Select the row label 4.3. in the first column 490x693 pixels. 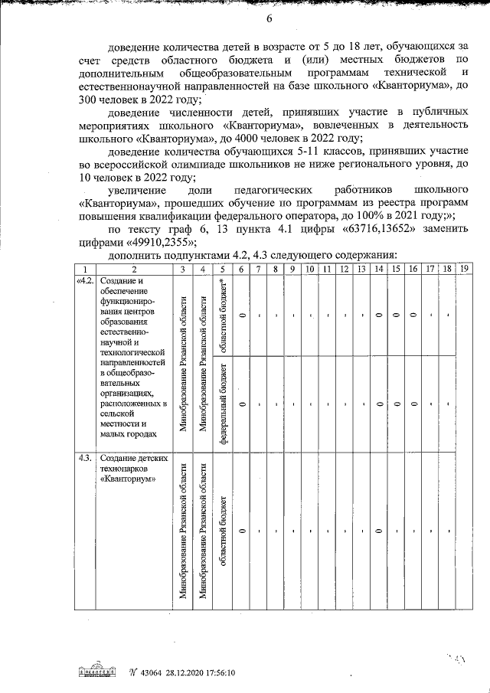click(85, 458)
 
